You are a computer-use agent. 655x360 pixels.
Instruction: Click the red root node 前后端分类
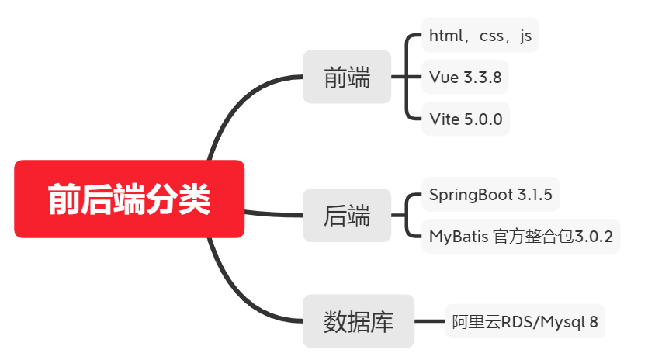[x=129, y=199]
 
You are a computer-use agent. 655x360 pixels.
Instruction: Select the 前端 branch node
[x=347, y=77]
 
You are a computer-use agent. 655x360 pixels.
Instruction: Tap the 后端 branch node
[x=347, y=215]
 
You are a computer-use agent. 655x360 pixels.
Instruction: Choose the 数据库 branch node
[x=359, y=320]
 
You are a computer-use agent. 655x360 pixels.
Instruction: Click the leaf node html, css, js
[x=480, y=35]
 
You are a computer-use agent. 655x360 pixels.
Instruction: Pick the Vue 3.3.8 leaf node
[x=465, y=77]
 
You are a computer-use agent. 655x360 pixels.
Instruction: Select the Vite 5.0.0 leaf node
[x=465, y=119]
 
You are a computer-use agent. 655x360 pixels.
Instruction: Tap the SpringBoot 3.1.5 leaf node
[x=490, y=194]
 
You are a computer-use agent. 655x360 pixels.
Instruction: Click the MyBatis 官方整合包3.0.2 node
[x=520, y=236]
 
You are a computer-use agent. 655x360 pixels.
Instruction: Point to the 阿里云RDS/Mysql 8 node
[x=525, y=320]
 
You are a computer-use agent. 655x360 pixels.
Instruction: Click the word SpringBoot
[x=470, y=195]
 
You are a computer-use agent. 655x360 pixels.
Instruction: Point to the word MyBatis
[x=459, y=237]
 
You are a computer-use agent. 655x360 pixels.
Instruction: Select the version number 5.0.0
[x=483, y=119]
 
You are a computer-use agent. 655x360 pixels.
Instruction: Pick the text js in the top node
[x=525, y=36]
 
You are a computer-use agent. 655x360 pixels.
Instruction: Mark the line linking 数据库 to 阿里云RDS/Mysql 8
[x=430, y=320]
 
